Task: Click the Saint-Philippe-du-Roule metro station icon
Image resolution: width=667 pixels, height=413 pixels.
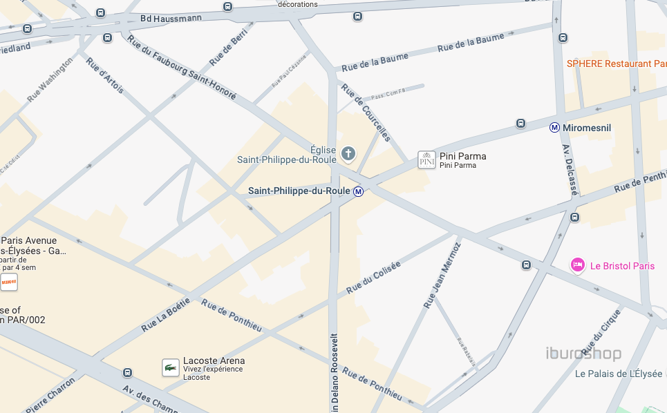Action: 358,191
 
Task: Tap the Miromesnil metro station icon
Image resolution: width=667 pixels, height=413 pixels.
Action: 554,128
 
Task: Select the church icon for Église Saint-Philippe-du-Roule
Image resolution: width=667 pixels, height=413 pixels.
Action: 348,153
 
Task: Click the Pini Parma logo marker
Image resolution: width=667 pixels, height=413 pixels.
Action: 426,160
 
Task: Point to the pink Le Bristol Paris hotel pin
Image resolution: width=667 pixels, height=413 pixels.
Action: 578,265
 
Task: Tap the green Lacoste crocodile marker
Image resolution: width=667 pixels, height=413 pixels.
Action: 171,367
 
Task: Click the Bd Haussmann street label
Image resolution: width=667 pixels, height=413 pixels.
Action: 171,19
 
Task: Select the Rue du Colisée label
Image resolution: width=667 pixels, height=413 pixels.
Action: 373,277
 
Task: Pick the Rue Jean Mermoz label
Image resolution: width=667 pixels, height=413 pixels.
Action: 442,275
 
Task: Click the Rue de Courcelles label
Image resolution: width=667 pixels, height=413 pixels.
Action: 366,112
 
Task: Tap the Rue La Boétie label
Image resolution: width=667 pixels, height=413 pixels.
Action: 165,314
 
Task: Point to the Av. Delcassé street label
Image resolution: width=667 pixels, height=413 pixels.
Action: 569,169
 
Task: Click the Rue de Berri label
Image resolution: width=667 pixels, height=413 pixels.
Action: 228,50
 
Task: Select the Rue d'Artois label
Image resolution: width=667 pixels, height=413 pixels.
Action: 105,75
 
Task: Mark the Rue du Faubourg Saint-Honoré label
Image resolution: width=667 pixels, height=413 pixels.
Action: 182,67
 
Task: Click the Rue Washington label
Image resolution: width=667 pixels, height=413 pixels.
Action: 49,80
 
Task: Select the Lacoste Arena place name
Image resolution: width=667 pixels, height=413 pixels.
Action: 214,361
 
